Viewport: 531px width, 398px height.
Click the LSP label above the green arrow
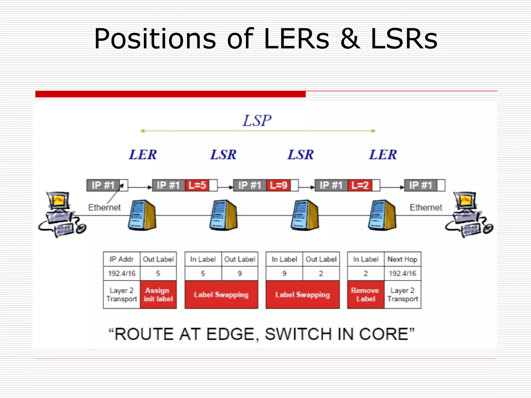coord(257,120)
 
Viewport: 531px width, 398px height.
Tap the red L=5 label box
coord(197,185)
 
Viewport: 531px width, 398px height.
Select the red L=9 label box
coord(278,185)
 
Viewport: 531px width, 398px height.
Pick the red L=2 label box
coord(360,185)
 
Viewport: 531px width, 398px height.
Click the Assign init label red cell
coord(158,295)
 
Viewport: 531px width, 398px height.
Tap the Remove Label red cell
coord(366,295)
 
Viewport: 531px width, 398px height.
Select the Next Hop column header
coord(402,259)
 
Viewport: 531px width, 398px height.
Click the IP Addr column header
coord(122,259)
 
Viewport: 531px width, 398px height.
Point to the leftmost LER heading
coord(143,155)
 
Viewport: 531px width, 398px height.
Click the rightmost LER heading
coord(383,155)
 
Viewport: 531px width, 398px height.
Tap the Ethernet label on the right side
coord(426,207)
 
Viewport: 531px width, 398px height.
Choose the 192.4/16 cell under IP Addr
coord(122,273)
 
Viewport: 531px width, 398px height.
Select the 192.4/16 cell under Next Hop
coord(402,273)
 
